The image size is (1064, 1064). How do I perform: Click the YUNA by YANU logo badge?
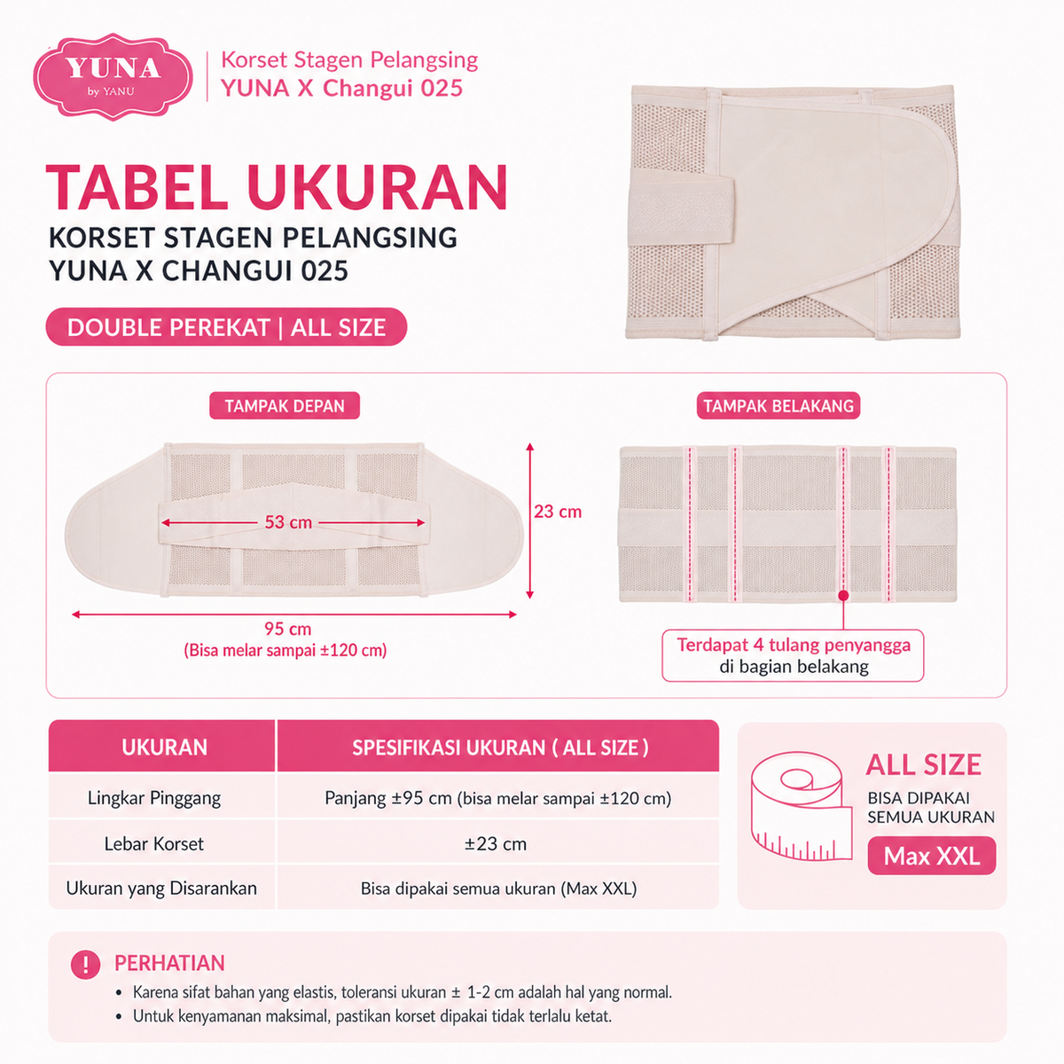pyautogui.click(x=113, y=76)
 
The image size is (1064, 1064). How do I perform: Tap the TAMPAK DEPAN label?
pyautogui.click(x=285, y=406)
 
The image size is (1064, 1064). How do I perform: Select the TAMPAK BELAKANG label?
pyautogui.click(x=778, y=406)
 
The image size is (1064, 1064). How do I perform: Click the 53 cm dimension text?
pyautogui.click(x=288, y=522)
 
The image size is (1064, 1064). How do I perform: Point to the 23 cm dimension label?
pyautogui.click(x=558, y=512)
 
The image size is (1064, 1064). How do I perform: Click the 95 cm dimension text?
pyautogui.click(x=287, y=629)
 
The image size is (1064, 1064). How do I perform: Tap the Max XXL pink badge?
pyautogui.click(x=932, y=856)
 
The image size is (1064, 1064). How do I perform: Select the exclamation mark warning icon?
pyautogui.click(x=86, y=965)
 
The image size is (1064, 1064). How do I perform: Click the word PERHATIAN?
pyautogui.click(x=169, y=963)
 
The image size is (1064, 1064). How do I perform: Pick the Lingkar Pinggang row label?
pyautogui.click(x=154, y=798)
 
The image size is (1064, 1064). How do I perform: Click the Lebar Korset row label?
pyautogui.click(x=154, y=844)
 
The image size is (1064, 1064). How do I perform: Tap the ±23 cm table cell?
pyautogui.click(x=496, y=844)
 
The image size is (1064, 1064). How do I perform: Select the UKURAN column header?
pyautogui.click(x=165, y=747)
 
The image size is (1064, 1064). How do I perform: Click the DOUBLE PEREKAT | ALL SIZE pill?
pyautogui.click(x=226, y=327)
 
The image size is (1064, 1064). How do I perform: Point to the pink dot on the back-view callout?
pyautogui.click(x=843, y=596)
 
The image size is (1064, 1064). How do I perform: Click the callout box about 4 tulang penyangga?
pyautogui.click(x=793, y=655)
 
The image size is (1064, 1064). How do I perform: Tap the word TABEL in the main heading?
pyautogui.click(x=137, y=187)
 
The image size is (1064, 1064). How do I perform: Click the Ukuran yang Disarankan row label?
pyautogui.click(x=161, y=888)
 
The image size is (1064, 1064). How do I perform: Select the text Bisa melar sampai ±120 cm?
pyautogui.click(x=285, y=651)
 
